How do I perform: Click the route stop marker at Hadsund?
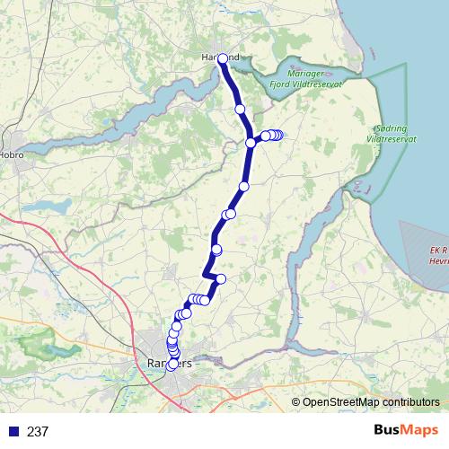(x=223, y=58)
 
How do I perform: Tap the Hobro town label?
(x=11, y=154)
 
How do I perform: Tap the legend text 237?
(x=38, y=432)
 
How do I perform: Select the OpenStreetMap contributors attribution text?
(x=370, y=402)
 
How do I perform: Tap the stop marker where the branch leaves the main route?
(x=251, y=143)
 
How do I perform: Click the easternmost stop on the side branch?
(x=279, y=136)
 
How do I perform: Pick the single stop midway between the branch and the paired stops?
(x=243, y=186)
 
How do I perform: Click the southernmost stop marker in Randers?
(x=171, y=365)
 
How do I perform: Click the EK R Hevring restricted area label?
(x=439, y=255)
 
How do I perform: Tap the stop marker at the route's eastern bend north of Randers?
(x=221, y=279)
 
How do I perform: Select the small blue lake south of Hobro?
(x=56, y=207)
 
